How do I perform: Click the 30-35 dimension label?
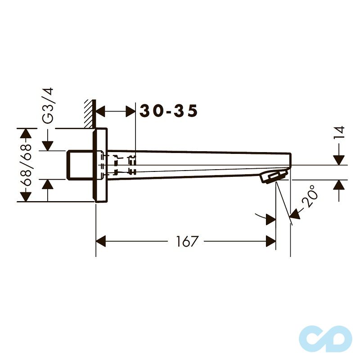[x=168, y=111]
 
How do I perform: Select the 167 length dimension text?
[x=186, y=241]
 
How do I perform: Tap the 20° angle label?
[x=310, y=196]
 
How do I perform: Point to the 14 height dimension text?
[x=340, y=132]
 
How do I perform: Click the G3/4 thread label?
[x=48, y=105]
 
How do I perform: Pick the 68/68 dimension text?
[x=26, y=165]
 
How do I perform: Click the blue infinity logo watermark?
[x=325, y=339]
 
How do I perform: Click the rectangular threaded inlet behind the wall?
[x=81, y=165]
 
